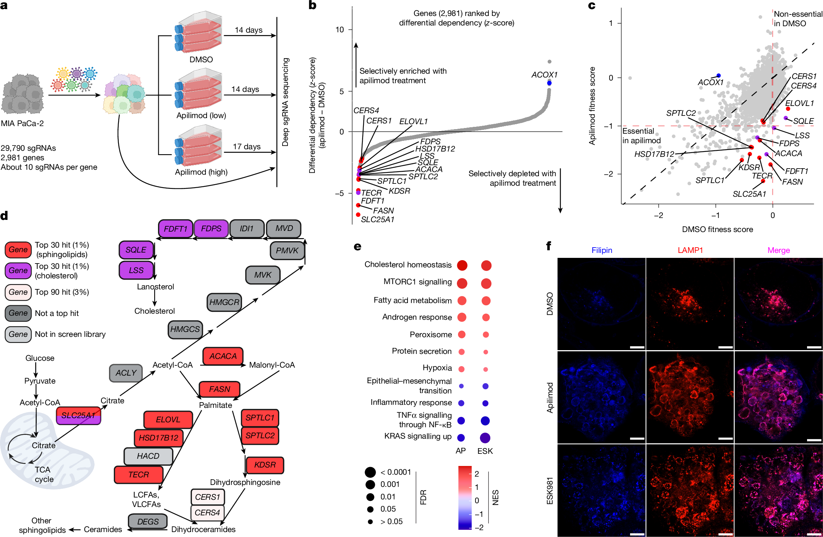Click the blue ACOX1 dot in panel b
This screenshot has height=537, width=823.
click(x=549, y=83)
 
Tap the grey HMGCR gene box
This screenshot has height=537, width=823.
click(x=224, y=302)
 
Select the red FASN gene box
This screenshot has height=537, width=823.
click(x=220, y=389)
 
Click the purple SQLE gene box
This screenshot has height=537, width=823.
click(x=136, y=250)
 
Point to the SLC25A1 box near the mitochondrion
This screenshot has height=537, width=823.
click(x=78, y=415)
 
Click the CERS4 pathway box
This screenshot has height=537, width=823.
click(x=207, y=513)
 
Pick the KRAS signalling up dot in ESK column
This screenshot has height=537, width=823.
click(x=485, y=438)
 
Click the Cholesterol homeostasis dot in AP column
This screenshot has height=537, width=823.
click(x=462, y=265)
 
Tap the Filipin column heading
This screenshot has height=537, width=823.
click(x=602, y=250)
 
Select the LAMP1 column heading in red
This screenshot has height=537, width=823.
click(x=690, y=250)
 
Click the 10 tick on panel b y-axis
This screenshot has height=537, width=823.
click(x=340, y=30)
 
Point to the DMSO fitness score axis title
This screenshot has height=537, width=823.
click(x=717, y=229)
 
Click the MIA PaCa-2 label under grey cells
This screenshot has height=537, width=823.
click(x=22, y=123)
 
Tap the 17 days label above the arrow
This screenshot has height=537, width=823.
click(x=246, y=147)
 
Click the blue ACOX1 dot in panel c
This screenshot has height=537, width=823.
click(x=719, y=76)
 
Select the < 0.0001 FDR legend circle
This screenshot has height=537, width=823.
click(x=370, y=472)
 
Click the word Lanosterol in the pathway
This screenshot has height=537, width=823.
click(x=155, y=287)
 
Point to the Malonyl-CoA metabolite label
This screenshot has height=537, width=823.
click(x=272, y=365)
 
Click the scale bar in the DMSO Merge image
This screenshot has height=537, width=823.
click(x=814, y=347)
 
